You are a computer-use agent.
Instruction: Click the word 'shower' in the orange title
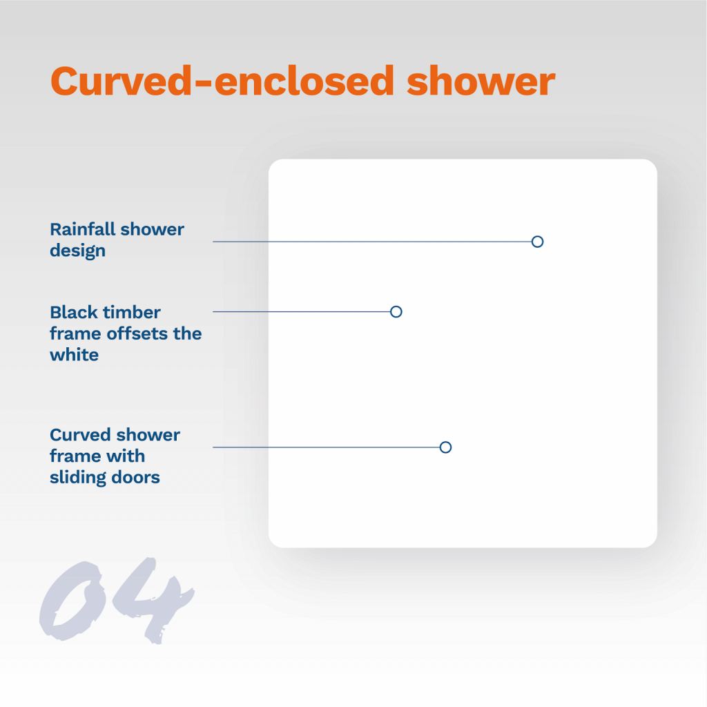pyautogui.click(x=481, y=81)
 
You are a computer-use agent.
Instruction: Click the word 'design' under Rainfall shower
pyautogui.click(x=77, y=251)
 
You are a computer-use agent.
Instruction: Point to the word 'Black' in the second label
pyautogui.click(x=74, y=312)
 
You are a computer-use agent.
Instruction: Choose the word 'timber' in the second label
pyautogui.click(x=132, y=312)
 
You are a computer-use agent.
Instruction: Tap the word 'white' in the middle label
pyautogui.click(x=74, y=355)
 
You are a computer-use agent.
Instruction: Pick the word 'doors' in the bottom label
pyautogui.click(x=135, y=478)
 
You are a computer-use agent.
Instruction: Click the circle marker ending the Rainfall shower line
pyautogui.click(x=537, y=242)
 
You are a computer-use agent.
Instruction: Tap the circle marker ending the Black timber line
pyautogui.click(x=396, y=311)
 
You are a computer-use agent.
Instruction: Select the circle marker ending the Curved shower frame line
pyautogui.click(x=445, y=447)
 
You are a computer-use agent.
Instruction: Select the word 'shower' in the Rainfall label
pyautogui.click(x=153, y=229)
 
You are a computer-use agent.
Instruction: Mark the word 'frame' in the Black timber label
pyautogui.click(x=76, y=333)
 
